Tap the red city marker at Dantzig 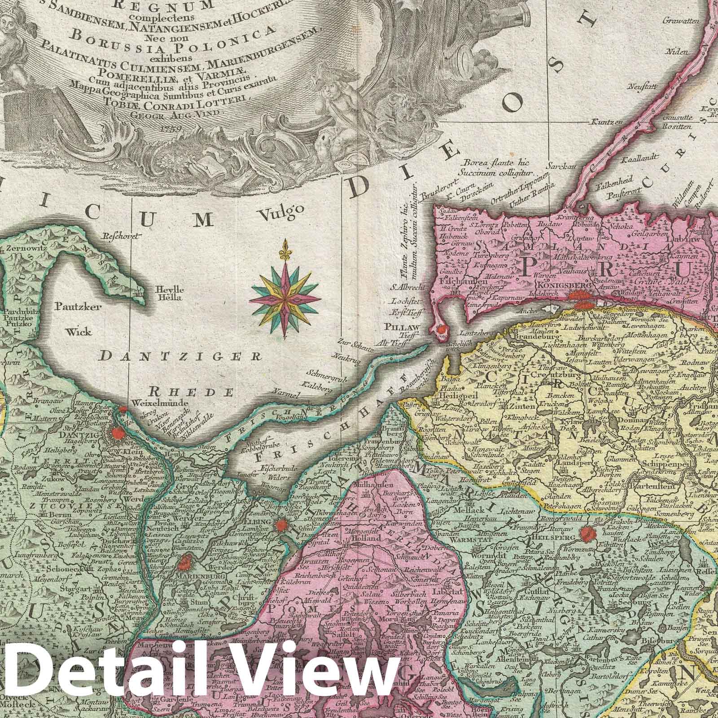[x=118, y=433]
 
